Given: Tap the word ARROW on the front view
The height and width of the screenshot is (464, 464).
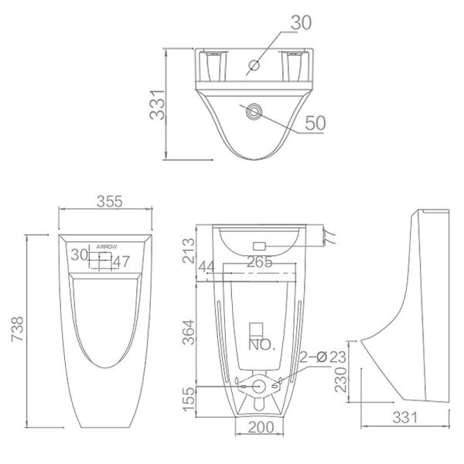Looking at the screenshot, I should (x=107, y=245).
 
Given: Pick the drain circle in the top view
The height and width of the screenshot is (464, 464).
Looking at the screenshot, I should (x=252, y=113).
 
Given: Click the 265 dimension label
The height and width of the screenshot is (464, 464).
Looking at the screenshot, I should (x=259, y=262).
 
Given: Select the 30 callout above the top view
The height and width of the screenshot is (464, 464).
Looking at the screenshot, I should (x=302, y=24).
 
